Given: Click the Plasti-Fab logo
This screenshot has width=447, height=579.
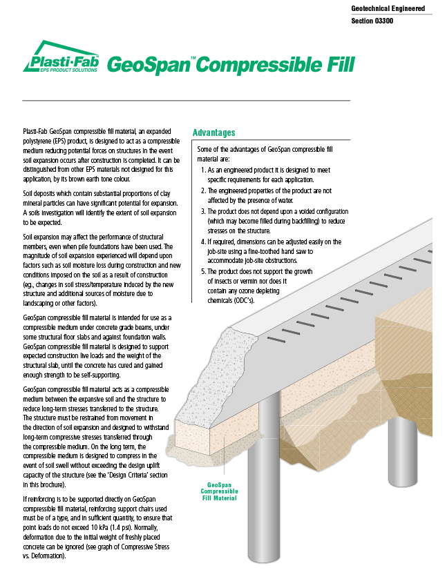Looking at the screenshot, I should pos(61,59).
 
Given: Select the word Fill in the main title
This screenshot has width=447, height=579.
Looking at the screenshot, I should pos(334,64).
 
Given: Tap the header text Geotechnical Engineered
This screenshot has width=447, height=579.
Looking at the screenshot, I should pos(388,9).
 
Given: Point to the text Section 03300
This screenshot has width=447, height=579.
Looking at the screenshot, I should pos(374,21).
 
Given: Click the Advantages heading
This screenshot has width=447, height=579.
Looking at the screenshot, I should pos(213,133).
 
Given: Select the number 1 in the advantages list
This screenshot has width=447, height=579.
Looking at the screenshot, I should pos(202,169).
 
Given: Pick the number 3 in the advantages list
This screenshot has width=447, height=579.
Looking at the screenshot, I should pos(202,210).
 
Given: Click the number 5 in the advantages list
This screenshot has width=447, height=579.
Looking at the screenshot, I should pos(202,272).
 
